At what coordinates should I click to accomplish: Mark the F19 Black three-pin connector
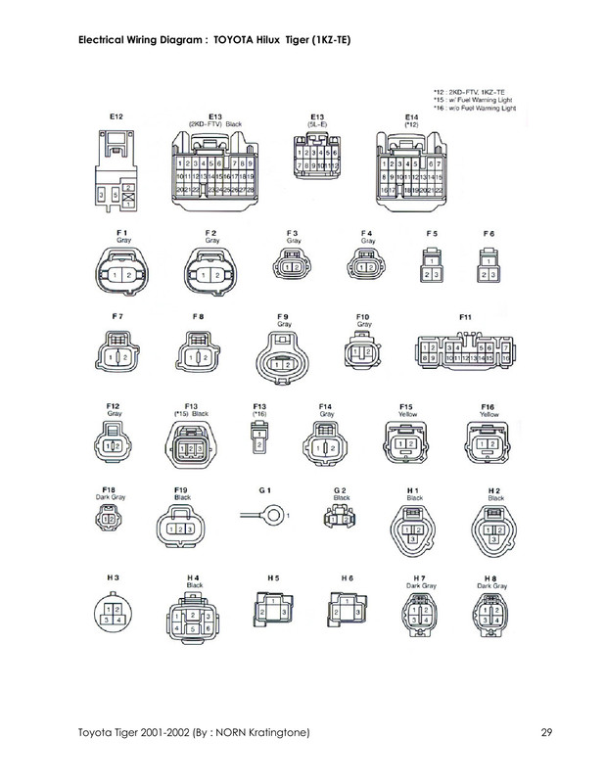[x=181, y=528]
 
